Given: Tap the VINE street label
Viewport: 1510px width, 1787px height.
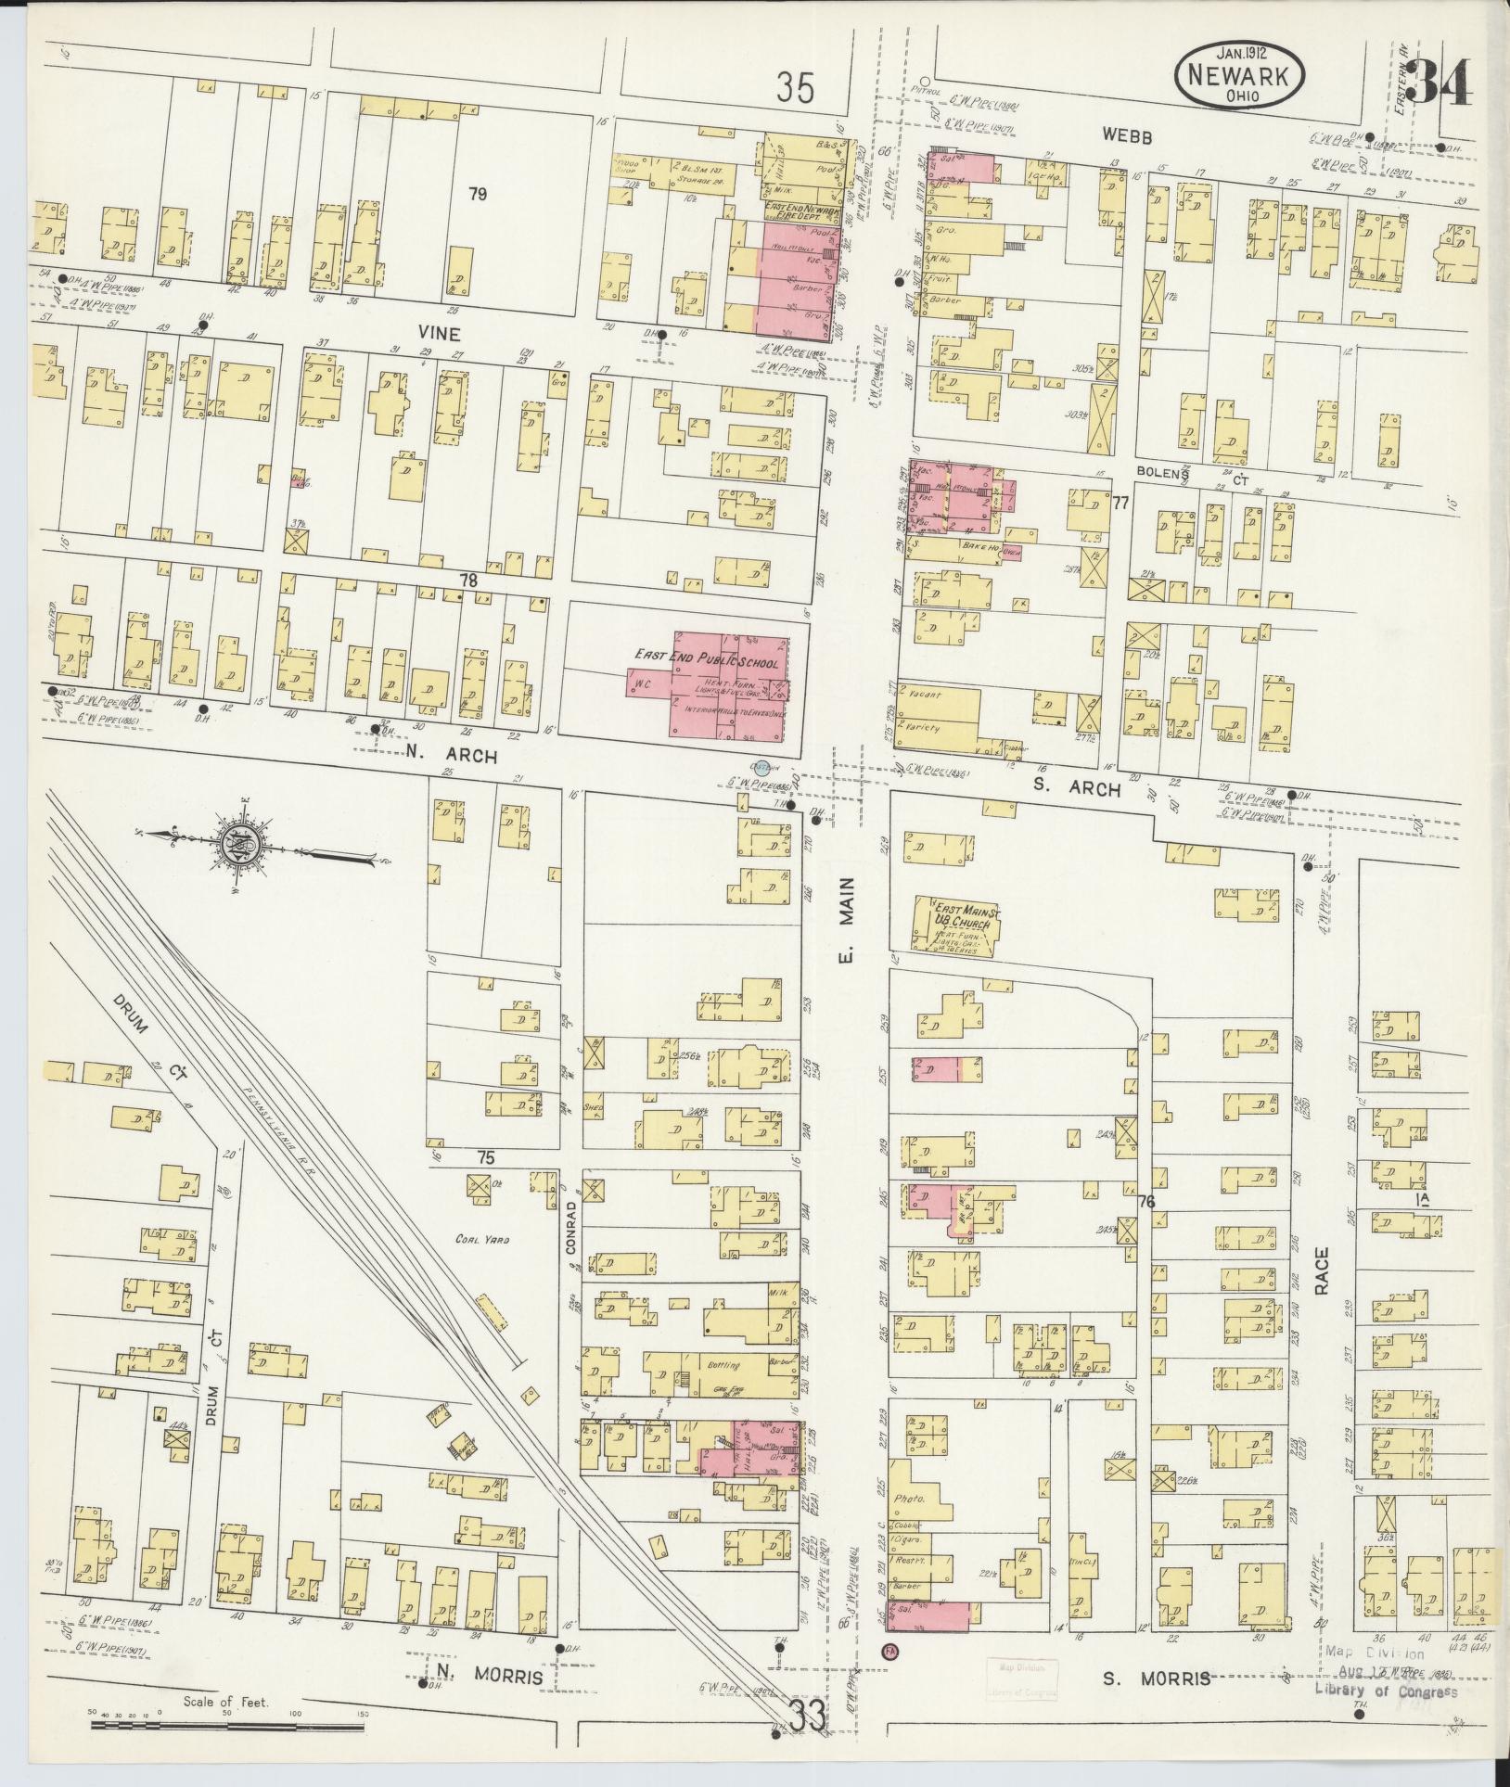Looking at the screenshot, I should click(439, 331).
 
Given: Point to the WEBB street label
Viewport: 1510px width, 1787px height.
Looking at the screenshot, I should click(1127, 137).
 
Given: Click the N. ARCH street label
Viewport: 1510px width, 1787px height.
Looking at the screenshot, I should click(451, 757).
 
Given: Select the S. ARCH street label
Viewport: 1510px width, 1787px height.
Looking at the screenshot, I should click(1087, 789).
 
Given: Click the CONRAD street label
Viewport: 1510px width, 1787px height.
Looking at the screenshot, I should click(572, 1228).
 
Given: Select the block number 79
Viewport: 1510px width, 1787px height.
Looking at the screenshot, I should click(477, 194).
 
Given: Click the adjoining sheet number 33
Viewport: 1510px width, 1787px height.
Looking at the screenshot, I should click(808, 1715).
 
